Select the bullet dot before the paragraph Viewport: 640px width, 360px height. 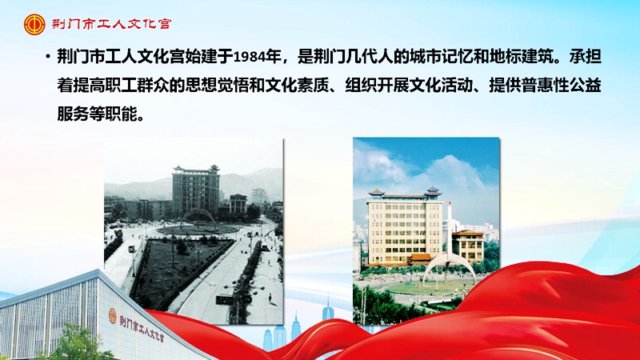(x=47, y=57)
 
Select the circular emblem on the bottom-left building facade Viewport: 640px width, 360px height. (x=113, y=318)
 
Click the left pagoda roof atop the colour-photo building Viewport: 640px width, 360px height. (x=376, y=192)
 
